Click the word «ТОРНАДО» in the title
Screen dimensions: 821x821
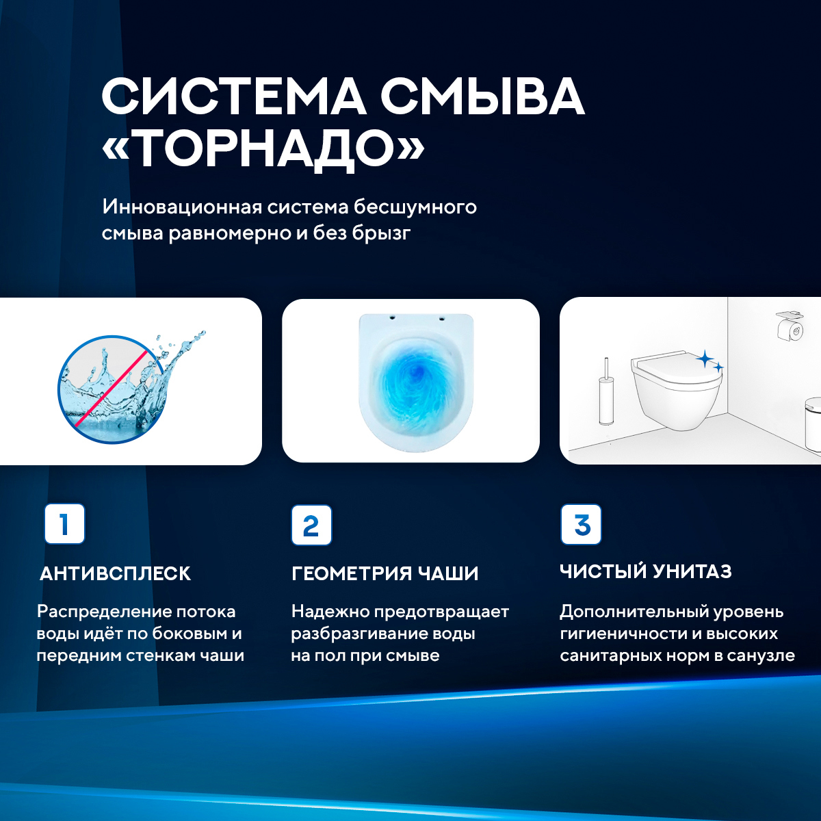[263, 148]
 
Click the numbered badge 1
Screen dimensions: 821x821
[64, 524]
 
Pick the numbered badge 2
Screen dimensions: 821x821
[311, 525]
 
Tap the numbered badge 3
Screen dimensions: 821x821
[581, 525]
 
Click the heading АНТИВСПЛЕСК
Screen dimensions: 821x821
[115, 573]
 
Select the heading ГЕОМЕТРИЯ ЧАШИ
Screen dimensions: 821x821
[385, 573]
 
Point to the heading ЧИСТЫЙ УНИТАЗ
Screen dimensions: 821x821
[645, 571]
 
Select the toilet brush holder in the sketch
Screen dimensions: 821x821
[606, 393]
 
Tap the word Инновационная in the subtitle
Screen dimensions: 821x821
[182, 207]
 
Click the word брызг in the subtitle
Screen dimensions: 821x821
[381, 233]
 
